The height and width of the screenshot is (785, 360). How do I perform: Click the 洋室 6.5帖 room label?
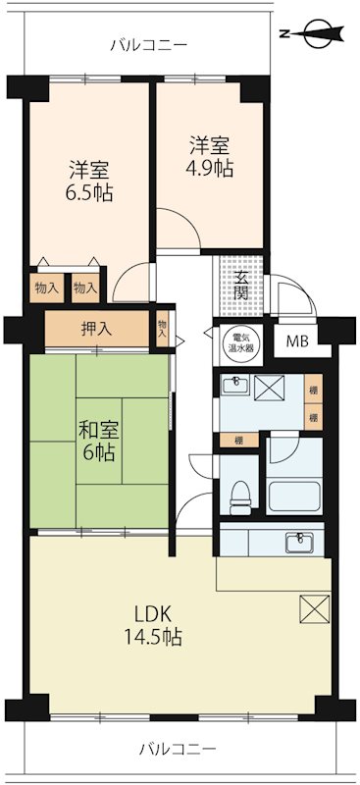pos(89,181)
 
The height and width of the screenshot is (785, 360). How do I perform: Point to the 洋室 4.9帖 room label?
pos(211,156)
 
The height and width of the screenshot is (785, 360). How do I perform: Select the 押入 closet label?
pos(97,329)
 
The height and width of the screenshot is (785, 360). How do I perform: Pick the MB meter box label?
pos(295,342)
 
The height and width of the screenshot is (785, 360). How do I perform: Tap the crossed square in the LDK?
pos(315,608)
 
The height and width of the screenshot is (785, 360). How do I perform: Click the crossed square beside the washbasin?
pos(270,387)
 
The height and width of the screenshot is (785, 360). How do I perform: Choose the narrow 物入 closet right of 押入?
pos(163,328)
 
